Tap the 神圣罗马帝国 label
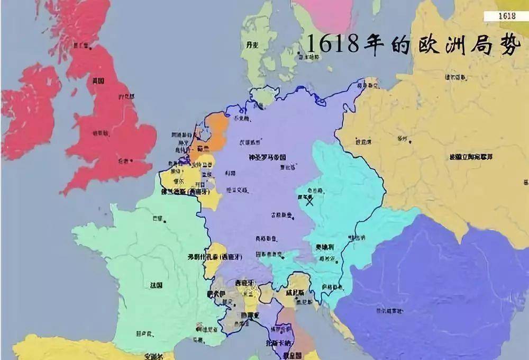click(x=267, y=157)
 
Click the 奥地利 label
click(x=324, y=247)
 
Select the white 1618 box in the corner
click(x=507, y=15)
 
